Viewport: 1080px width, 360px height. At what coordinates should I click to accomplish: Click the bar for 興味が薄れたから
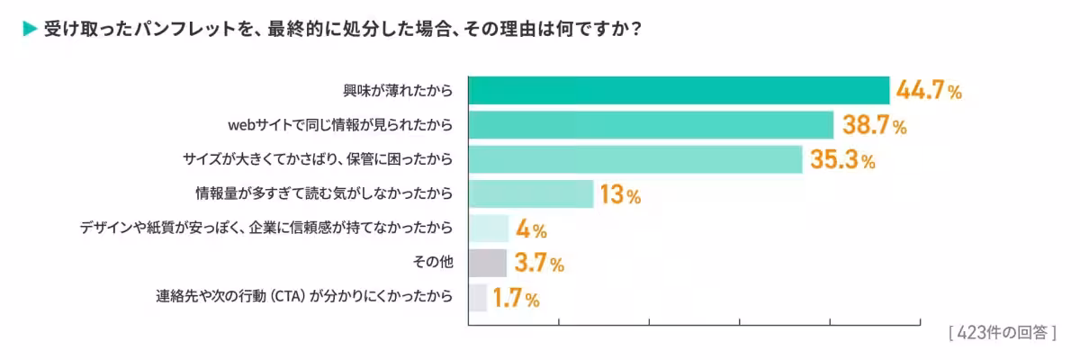click(x=679, y=91)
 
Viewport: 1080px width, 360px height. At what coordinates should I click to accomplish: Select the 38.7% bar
click(x=651, y=125)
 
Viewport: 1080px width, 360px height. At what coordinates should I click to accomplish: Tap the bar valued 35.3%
click(x=635, y=159)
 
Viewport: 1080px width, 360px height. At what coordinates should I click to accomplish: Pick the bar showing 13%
click(x=531, y=193)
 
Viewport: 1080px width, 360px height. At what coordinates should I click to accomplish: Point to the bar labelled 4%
click(x=489, y=229)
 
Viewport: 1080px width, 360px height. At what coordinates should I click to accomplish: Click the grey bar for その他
click(x=488, y=263)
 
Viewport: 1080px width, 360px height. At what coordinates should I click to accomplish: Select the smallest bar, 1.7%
click(x=478, y=297)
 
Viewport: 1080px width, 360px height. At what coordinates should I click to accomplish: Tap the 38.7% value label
click(x=874, y=125)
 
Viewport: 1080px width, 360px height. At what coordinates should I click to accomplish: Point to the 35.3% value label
click(x=842, y=160)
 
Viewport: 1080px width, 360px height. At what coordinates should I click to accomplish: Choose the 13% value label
click(x=620, y=194)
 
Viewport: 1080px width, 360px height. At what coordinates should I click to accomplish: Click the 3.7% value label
click(x=539, y=263)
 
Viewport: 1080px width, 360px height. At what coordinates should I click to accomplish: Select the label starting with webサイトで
click(x=339, y=125)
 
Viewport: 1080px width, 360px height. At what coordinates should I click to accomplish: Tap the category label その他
click(x=431, y=263)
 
